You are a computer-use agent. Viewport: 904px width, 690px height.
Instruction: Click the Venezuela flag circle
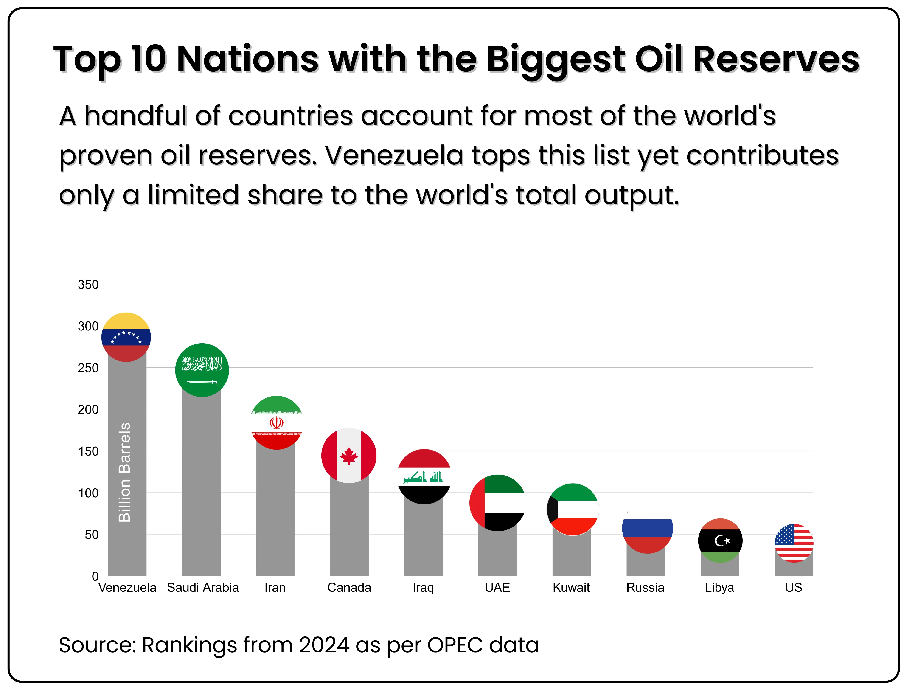pyautogui.click(x=126, y=337)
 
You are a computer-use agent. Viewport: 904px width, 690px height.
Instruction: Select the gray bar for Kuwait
pyautogui.click(x=571, y=555)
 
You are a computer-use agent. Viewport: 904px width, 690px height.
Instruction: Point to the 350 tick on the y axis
pyautogui.click(x=88, y=285)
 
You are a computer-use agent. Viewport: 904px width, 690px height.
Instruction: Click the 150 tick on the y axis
pyautogui.click(x=88, y=451)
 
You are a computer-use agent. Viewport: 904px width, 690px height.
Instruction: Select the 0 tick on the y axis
pyautogui.click(x=95, y=576)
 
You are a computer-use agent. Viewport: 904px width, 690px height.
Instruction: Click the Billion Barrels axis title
pyautogui.click(x=124, y=472)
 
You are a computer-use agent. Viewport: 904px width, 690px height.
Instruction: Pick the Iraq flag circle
pyautogui.click(x=424, y=476)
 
